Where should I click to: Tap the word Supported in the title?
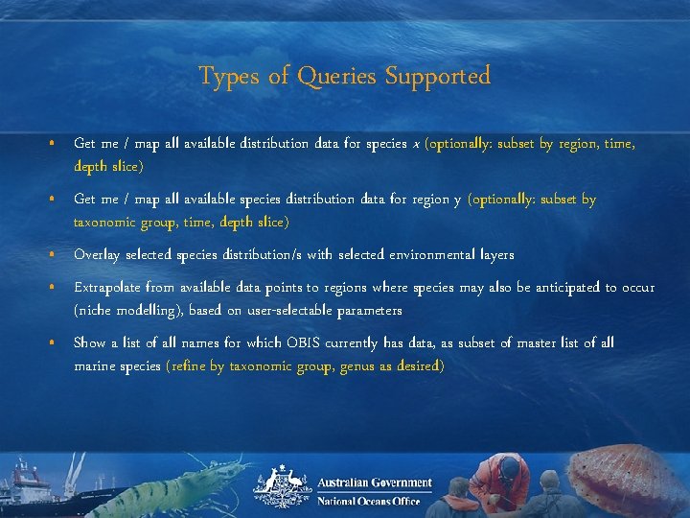438,76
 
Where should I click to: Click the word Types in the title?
228,76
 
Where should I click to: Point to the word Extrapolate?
112,288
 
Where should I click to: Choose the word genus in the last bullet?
357,365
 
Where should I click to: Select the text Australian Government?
375,483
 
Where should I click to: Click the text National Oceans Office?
368,501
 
